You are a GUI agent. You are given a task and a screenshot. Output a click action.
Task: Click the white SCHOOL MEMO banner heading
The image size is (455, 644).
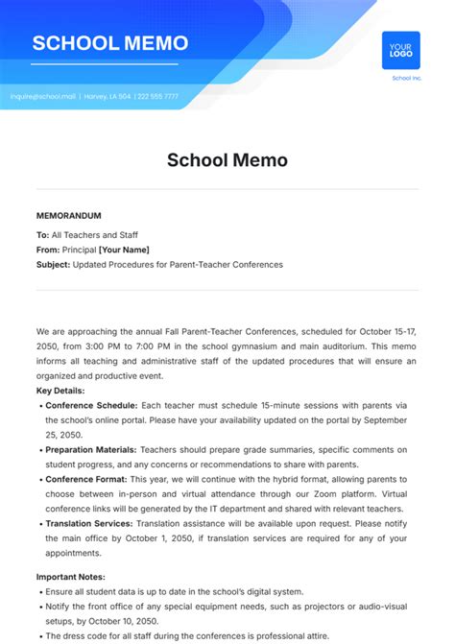pyautogui.click(x=110, y=44)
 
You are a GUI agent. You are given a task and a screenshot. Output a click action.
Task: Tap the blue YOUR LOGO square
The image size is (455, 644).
pyautogui.click(x=400, y=50)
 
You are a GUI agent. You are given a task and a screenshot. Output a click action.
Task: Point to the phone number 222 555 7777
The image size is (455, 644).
pyautogui.click(x=156, y=96)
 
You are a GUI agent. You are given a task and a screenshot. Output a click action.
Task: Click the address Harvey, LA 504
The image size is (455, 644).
pyautogui.click(x=107, y=96)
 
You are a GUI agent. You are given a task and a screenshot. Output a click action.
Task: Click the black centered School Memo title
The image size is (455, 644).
pyautogui.click(x=227, y=160)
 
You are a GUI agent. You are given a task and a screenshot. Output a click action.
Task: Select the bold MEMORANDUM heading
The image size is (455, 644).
pyautogui.click(x=68, y=216)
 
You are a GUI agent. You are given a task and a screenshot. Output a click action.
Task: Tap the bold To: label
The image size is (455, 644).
pyautogui.click(x=42, y=234)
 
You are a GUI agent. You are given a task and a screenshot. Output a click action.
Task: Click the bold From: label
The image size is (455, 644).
pyautogui.click(x=48, y=250)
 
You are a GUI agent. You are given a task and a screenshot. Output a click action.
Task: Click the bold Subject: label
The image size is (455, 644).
pyautogui.click(x=54, y=264)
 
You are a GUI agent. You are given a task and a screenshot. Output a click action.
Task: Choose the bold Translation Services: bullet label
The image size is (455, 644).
pyautogui.click(x=89, y=523)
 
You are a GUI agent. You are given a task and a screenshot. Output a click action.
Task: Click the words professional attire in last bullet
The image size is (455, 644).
pyautogui.click(x=280, y=636)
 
